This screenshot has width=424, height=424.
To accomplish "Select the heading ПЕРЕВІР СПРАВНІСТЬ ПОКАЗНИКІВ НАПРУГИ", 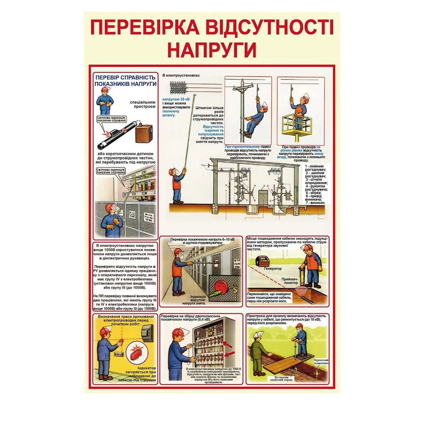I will click(125, 80).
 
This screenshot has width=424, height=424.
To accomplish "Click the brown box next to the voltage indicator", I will click(144, 133).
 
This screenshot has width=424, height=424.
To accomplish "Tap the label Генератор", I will click(272, 269).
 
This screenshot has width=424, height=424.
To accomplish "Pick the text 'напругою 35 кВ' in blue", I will click(176, 99).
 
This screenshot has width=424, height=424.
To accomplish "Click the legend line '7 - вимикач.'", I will click(314, 203).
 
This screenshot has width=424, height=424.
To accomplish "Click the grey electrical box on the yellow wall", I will click(147, 333).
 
